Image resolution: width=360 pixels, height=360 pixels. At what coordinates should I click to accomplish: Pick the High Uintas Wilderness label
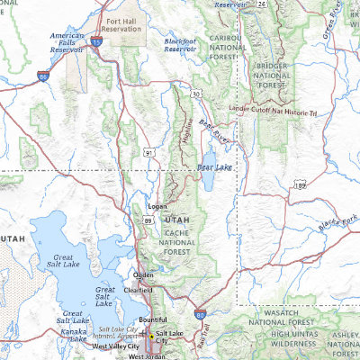[x=286, y=338]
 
